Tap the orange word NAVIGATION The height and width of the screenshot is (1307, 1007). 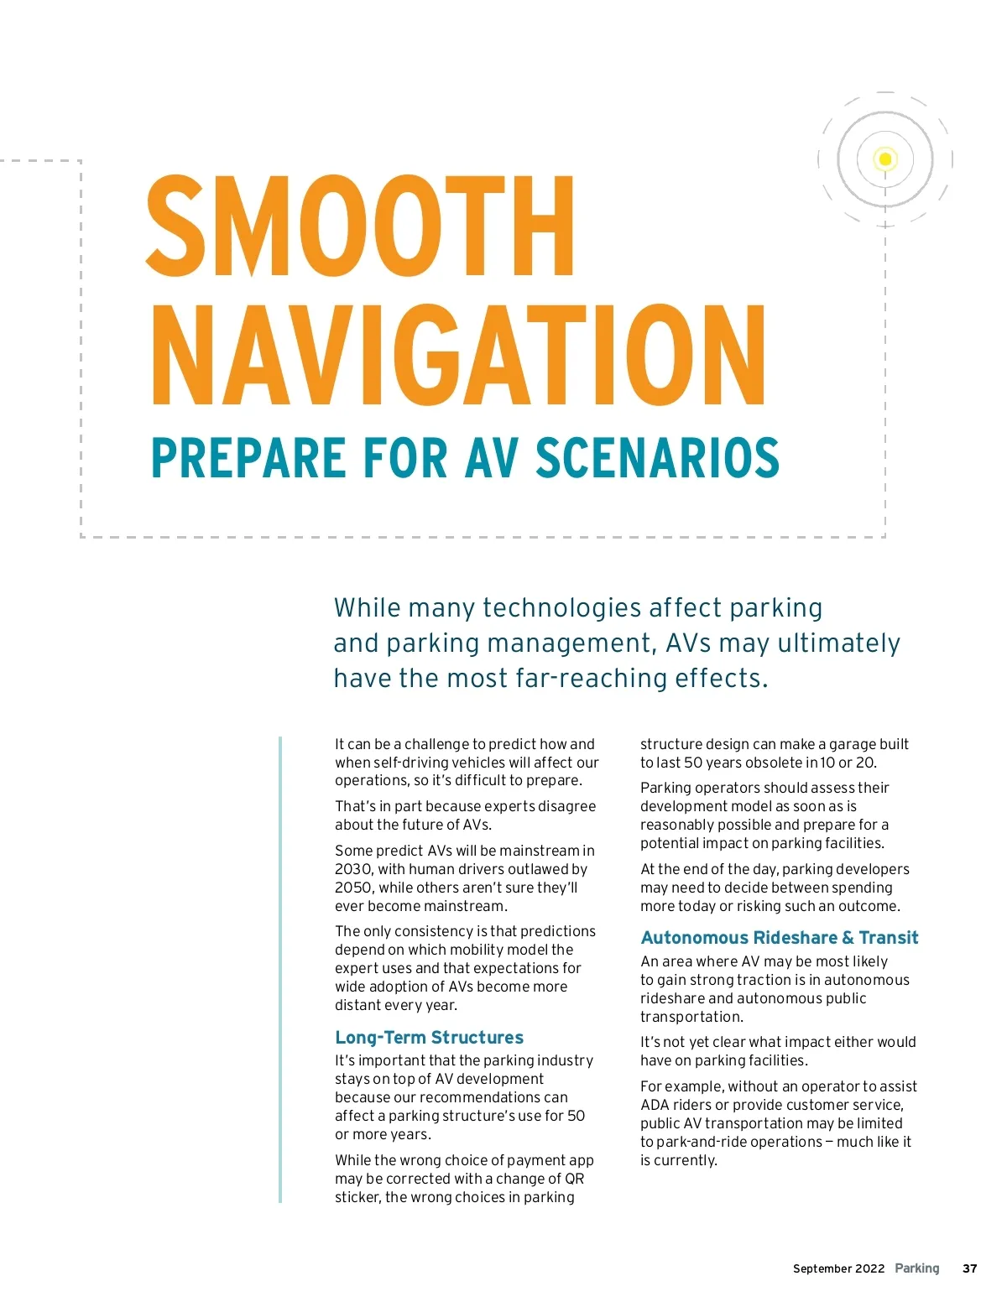pos(458,356)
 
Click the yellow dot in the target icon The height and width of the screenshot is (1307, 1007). pos(884,159)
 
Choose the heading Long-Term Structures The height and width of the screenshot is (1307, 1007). pos(429,1038)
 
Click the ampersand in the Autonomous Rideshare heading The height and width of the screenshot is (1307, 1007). pos(848,938)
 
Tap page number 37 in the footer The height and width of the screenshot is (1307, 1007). pos(969,1268)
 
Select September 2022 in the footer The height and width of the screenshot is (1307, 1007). pos(838,1268)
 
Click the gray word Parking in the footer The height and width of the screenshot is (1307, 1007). pos(917,1268)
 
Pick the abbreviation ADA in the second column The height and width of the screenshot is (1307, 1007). pos(655,1105)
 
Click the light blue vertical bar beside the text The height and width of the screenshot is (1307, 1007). pos(280,969)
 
